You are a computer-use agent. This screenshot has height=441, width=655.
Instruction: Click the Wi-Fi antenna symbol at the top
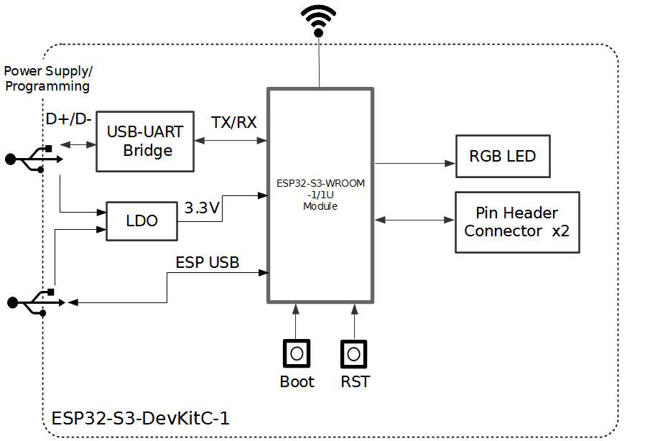(x=318, y=21)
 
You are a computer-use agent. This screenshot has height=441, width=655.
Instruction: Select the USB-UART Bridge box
(x=144, y=141)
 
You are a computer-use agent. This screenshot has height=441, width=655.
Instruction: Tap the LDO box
(x=141, y=221)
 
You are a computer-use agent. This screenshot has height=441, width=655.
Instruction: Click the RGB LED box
(x=502, y=156)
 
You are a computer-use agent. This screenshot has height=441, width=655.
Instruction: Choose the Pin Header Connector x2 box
(x=517, y=222)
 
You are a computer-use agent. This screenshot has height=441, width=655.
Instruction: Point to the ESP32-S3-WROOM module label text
(x=320, y=195)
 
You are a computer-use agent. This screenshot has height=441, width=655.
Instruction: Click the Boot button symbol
(x=296, y=353)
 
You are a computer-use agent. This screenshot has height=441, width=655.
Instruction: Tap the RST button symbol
(x=353, y=353)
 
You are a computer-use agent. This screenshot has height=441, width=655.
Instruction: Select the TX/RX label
(x=233, y=122)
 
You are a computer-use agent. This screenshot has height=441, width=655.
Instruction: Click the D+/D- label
(x=68, y=119)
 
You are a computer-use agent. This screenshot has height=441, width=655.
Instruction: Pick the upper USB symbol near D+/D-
(x=30, y=159)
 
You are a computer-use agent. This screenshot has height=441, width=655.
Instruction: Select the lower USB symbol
(x=32, y=302)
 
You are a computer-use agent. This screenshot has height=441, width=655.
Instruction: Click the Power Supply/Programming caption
(x=48, y=79)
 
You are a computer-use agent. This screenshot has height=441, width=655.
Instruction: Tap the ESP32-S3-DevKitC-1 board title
(x=141, y=418)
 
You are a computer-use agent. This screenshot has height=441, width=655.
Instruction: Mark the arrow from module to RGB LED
(x=414, y=164)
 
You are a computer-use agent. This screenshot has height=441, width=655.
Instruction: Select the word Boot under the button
(x=297, y=381)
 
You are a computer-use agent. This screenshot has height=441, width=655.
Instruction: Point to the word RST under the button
(x=356, y=381)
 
